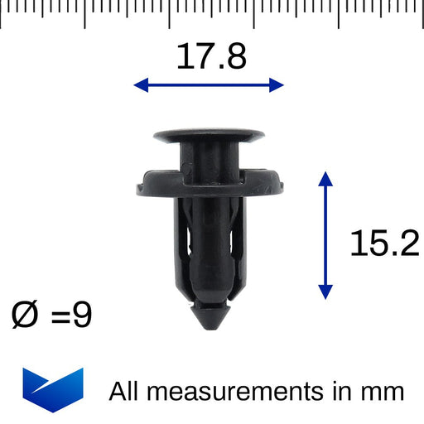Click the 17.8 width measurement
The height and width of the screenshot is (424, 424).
(x=211, y=56)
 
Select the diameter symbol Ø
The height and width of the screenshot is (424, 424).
(x=26, y=315)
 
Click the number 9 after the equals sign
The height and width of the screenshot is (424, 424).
(x=82, y=315)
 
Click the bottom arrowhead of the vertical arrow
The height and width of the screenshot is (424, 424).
(x=325, y=291)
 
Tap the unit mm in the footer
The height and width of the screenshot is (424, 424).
(x=382, y=391)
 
